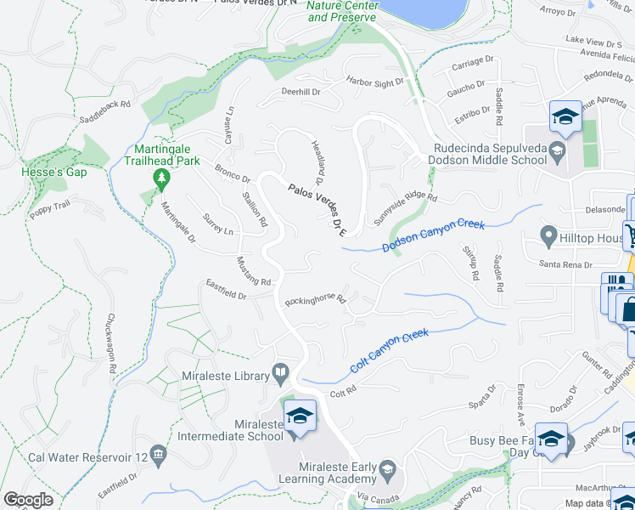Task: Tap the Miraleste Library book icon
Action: coord(280,373)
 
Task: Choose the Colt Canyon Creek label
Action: coord(390,353)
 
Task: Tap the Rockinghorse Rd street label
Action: coord(316,300)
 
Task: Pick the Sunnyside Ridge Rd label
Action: coord(405,207)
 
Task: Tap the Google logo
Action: coord(28,500)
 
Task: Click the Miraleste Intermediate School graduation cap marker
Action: coord(300,416)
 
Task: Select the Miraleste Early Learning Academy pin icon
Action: coord(387,469)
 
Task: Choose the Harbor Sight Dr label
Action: coord(374,82)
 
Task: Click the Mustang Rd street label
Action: coord(253,271)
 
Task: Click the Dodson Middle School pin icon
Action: coord(557,153)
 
